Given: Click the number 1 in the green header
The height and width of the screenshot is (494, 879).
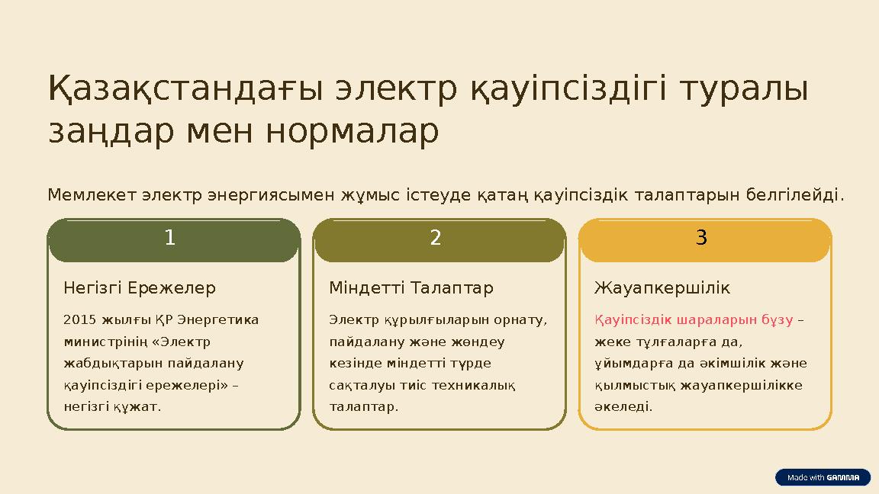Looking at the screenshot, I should coord(170,238).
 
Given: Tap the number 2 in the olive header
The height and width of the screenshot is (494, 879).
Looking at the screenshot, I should coord(436,238).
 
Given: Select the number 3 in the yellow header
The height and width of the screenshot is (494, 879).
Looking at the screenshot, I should coord(701,238).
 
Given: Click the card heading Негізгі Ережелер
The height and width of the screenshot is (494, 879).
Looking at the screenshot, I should coord(140,288).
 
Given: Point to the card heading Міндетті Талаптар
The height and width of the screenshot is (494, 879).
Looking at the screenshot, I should coord(411,288).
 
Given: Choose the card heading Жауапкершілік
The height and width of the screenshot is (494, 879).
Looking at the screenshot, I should coord(662,288).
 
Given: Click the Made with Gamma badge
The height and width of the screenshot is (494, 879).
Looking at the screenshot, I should coord(823,477).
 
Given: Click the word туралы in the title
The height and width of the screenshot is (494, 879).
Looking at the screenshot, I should coord(742,89).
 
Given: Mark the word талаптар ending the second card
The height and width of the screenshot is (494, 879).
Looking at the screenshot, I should coord(362,406).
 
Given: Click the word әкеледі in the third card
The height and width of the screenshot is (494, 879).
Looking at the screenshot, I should coord(623,406).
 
